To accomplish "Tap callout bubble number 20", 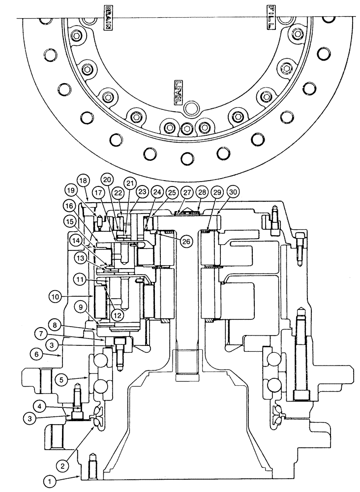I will tap(108, 180).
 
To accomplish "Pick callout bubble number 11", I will tap(80, 279).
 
